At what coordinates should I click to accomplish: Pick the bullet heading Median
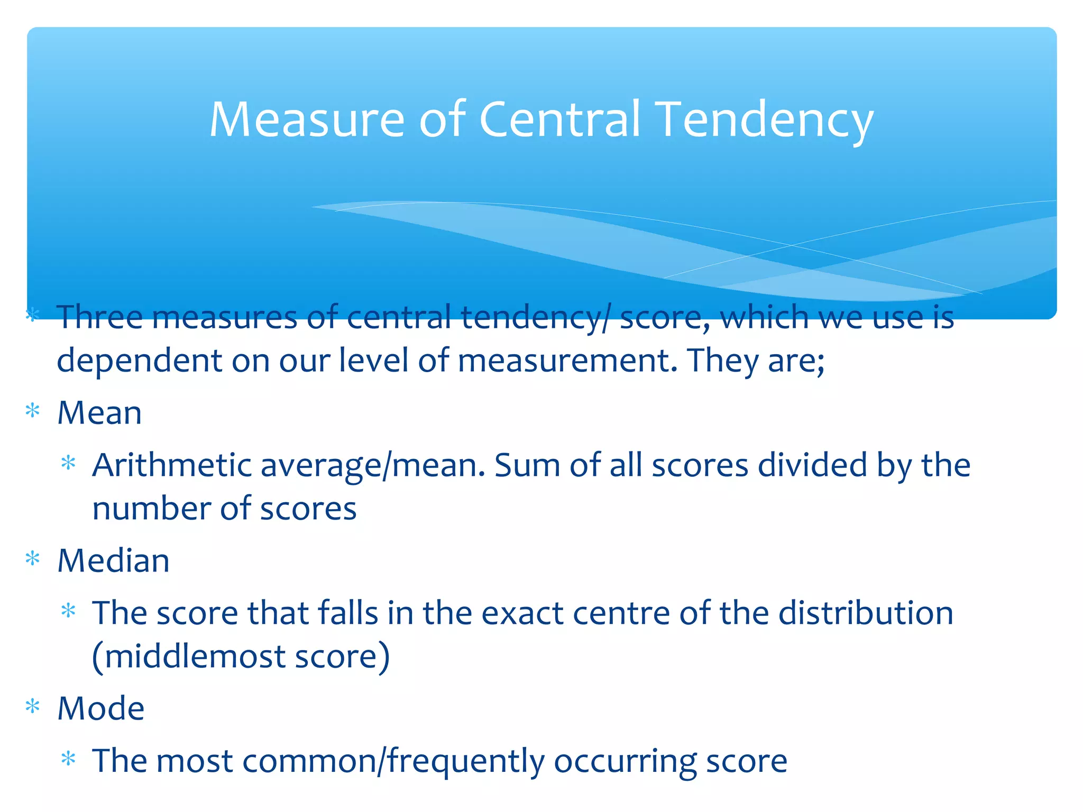click(113, 560)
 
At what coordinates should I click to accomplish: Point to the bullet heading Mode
click(100, 708)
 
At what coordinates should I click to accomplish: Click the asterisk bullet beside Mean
click(33, 411)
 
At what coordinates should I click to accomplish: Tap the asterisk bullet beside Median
click(33, 559)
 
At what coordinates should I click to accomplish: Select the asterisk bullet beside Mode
click(33, 707)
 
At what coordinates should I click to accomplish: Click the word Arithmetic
click(171, 465)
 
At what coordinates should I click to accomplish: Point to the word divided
click(812, 465)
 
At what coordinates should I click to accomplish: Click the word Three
click(99, 317)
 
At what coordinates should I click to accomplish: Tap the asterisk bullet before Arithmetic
click(68, 464)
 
